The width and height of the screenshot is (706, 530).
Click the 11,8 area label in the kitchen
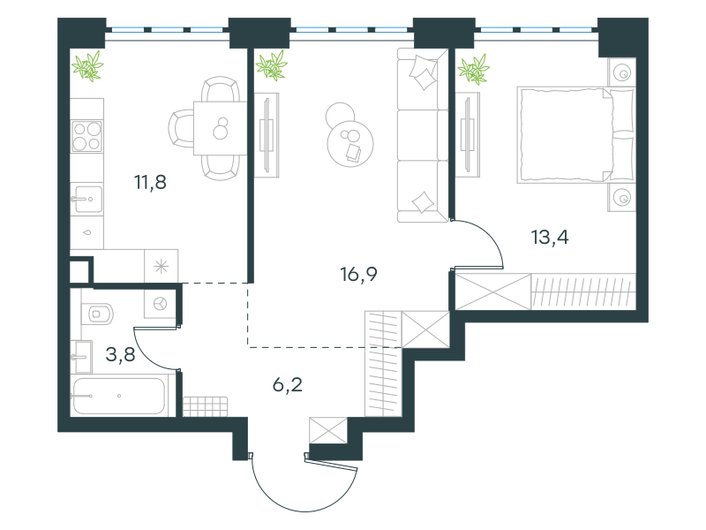(x=150, y=182)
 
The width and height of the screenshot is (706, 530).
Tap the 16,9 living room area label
(x=358, y=274)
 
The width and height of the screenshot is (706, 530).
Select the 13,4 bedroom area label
(x=550, y=237)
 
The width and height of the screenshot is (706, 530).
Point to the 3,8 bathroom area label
(x=120, y=355)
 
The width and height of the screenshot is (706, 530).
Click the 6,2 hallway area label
(x=288, y=385)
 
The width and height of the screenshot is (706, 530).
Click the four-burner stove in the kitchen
(x=86, y=137)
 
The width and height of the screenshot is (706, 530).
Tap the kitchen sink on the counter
(x=86, y=200)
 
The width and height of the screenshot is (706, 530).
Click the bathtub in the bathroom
(x=119, y=396)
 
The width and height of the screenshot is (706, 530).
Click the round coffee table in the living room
(x=350, y=144)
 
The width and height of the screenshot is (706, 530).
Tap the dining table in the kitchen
(x=220, y=128)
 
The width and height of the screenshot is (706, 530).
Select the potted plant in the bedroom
(x=473, y=70)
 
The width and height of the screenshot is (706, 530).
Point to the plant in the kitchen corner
(x=87, y=65)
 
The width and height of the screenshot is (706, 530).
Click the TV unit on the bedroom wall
(x=468, y=135)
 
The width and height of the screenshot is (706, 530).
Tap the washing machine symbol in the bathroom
(x=160, y=304)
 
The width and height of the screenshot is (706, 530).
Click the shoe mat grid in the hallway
(x=205, y=406)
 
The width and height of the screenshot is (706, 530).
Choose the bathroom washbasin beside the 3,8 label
(x=81, y=357)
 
